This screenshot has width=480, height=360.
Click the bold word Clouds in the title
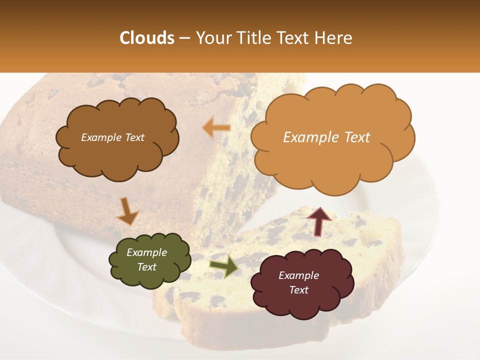pyautogui.click(x=146, y=38)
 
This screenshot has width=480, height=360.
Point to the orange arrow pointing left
pyautogui.click(x=216, y=128)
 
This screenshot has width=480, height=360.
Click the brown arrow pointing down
pyautogui.click(x=127, y=211)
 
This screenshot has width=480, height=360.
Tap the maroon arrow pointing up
pyautogui.click(x=318, y=221)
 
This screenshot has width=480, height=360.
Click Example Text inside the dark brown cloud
pyautogui.click(x=112, y=137)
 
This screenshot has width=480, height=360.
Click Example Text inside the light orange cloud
pyautogui.click(x=326, y=137)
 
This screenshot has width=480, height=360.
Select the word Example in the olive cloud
pyautogui.click(x=146, y=252)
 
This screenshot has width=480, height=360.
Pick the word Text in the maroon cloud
pyautogui.click(x=298, y=290)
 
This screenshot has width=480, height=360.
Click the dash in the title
pyautogui.click(x=184, y=38)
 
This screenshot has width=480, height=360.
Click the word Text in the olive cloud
pyautogui.click(x=146, y=267)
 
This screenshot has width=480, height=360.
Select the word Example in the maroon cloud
pyautogui.click(x=298, y=275)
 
